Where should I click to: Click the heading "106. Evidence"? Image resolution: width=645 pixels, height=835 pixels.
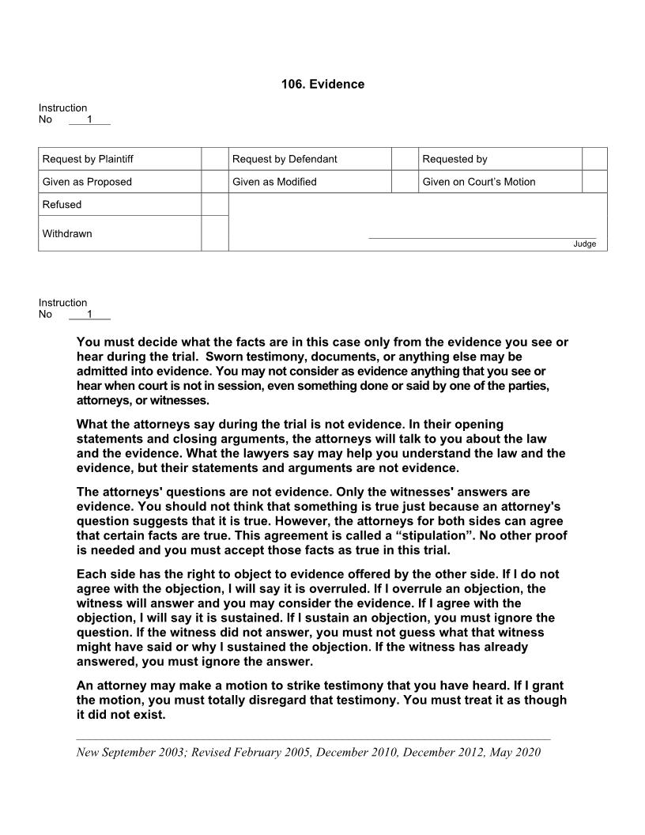pos(322,84)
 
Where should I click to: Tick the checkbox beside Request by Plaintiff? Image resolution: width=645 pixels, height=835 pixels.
pos(214,159)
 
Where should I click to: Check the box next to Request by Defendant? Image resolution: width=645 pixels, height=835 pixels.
pos(405,159)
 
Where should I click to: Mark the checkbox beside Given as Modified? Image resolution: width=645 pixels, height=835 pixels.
pos(405,182)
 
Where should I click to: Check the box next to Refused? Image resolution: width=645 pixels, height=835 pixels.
pos(214,204)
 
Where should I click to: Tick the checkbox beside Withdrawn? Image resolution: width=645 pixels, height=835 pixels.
pos(214,233)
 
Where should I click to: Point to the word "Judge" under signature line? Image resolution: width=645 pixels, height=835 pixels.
pos(585,244)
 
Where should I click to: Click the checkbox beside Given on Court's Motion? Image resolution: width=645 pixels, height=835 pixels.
pos(594,182)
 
